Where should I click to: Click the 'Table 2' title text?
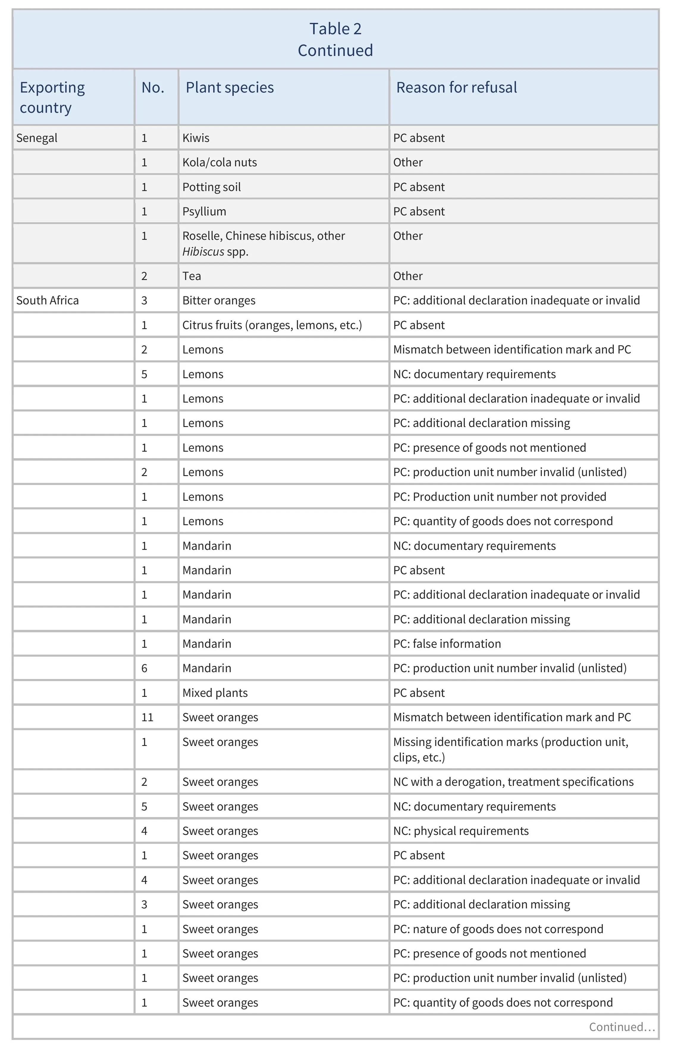click(335, 29)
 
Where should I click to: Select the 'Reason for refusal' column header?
click(456, 87)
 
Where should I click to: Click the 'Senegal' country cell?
click(37, 138)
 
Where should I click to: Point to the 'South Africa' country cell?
click(48, 301)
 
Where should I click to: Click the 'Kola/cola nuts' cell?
click(219, 163)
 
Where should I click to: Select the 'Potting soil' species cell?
click(211, 187)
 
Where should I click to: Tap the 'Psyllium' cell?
click(204, 212)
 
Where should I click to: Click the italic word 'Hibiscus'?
click(203, 252)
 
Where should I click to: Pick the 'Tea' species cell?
click(192, 276)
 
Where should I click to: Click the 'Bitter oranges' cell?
click(219, 301)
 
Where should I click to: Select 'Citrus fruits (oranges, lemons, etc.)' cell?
click(272, 325)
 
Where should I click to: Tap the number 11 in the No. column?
click(147, 717)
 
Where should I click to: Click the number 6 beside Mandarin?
click(144, 668)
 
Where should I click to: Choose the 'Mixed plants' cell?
click(215, 693)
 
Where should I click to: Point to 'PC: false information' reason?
click(447, 644)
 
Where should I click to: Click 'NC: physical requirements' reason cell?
click(461, 831)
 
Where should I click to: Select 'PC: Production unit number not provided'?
click(500, 497)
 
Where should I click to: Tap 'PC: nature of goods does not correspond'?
click(498, 929)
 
